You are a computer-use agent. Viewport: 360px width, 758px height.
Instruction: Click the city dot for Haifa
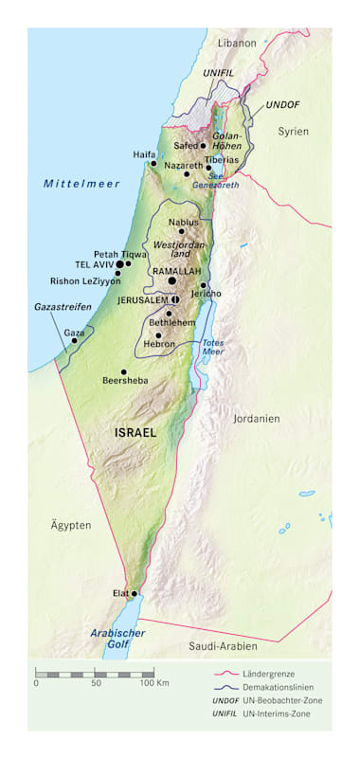[x=153, y=163]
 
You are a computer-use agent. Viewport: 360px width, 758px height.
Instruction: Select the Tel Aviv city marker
[x=119, y=264]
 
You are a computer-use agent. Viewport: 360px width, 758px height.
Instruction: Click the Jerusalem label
[x=142, y=299]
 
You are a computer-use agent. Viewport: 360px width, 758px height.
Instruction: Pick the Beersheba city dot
[x=123, y=372]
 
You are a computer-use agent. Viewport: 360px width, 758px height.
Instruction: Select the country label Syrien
[x=293, y=132]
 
